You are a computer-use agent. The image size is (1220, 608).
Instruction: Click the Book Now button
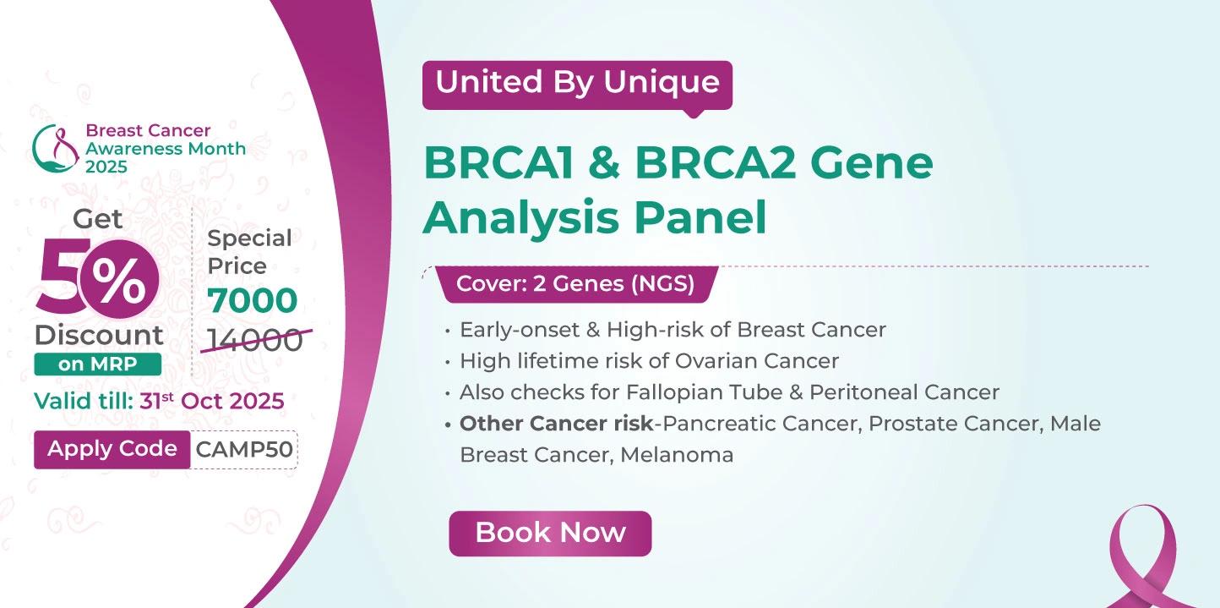550,534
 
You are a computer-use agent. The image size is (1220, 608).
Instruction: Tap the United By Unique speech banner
577,85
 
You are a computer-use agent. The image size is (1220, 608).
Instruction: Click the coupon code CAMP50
244,450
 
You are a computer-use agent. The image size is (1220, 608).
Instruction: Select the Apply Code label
112,449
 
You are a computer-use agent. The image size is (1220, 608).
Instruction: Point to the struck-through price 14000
255,340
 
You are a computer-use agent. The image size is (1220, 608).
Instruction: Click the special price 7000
252,300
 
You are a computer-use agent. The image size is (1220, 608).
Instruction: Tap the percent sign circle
119,279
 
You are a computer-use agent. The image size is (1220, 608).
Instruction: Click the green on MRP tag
97,364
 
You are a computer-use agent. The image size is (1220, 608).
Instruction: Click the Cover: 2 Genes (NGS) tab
575,284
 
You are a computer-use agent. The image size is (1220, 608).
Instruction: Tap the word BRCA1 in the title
498,163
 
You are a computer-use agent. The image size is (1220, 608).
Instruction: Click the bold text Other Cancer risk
556,424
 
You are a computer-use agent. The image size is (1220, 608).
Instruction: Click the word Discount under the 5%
99,335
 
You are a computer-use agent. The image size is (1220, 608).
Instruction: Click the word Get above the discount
97,219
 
